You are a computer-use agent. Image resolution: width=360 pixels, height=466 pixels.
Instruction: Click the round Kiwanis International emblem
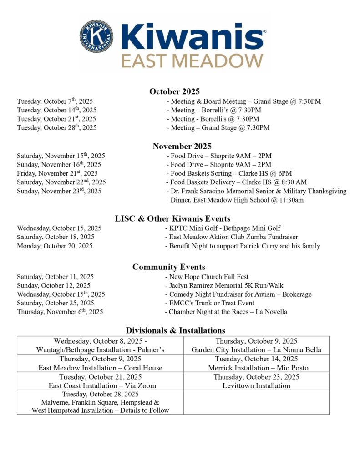pyautogui.click(x=97, y=36)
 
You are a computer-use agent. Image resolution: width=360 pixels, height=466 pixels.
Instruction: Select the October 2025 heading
pyautogui.click(x=174, y=91)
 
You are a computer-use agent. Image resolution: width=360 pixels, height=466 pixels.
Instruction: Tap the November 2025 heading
pyautogui.click(x=182, y=146)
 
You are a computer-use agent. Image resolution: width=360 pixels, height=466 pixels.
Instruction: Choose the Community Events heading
pyautogui.click(x=168, y=267)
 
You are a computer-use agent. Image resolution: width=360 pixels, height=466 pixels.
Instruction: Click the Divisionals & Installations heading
pyautogui.click(x=175, y=330)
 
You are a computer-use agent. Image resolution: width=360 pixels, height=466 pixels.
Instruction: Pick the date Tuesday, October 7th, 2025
pyautogui.click(x=55, y=101)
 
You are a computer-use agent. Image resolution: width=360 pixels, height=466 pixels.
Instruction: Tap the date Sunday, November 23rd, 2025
pyautogui.click(x=59, y=191)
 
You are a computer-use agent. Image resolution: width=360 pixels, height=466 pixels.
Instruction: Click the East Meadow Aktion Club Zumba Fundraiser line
pyautogui.click(x=231, y=237)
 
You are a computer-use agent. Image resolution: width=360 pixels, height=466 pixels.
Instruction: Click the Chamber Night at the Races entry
pyautogui.click(x=226, y=312)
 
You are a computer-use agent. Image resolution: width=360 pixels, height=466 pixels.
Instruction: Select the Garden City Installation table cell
pyautogui.click(x=256, y=345)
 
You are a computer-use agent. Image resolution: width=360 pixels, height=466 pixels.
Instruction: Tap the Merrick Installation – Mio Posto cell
pyautogui.click(x=256, y=363)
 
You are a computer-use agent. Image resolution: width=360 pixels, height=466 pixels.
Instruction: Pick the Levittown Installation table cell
pyautogui.click(x=256, y=381)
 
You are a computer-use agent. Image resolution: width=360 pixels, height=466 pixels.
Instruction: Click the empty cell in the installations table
pyautogui.click(x=256, y=402)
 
